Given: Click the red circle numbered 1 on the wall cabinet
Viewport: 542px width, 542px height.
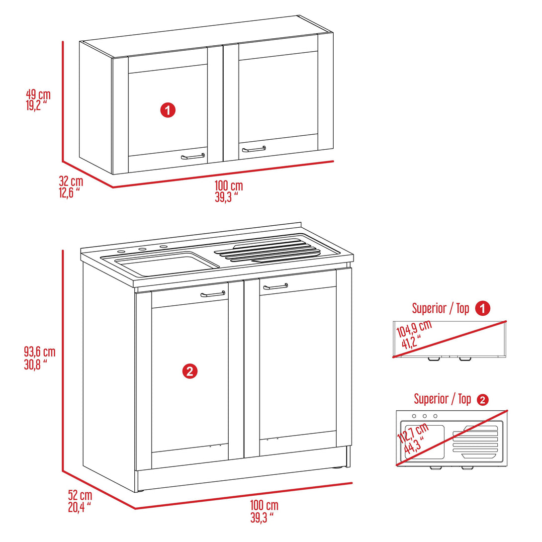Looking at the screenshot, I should pyautogui.click(x=168, y=110).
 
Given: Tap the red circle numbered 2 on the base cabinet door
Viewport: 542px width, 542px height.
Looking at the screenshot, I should pyautogui.click(x=190, y=371).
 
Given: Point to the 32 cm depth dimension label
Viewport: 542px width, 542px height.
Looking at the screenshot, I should pyautogui.click(x=71, y=187).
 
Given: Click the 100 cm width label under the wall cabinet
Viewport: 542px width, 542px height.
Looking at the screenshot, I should pyautogui.click(x=229, y=190).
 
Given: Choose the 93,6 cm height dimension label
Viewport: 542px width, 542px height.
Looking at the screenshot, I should pyautogui.click(x=39, y=357).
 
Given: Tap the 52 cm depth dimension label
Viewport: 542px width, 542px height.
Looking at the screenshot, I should pyautogui.click(x=80, y=500).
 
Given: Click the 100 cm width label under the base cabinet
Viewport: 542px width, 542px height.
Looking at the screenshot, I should pyautogui.click(x=264, y=511).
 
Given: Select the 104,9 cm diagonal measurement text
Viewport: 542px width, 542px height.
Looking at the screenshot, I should pyautogui.click(x=414, y=335).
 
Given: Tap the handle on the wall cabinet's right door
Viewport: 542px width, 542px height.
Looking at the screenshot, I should pyautogui.click(x=254, y=149).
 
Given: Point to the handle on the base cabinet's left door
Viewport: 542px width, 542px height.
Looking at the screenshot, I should pyautogui.click(x=213, y=294).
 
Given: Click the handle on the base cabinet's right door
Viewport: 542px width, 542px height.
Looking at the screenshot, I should pyautogui.click(x=275, y=286).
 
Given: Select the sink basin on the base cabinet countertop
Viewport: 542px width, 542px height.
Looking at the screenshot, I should pyautogui.click(x=164, y=263).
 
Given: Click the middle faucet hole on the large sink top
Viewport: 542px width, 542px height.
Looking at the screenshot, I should pyautogui.click(x=142, y=249).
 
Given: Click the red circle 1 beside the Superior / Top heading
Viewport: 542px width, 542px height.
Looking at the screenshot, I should pyautogui.click(x=482, y=308).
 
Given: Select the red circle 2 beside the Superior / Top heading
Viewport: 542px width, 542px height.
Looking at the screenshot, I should pyautogui.click(x=482, y=399).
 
